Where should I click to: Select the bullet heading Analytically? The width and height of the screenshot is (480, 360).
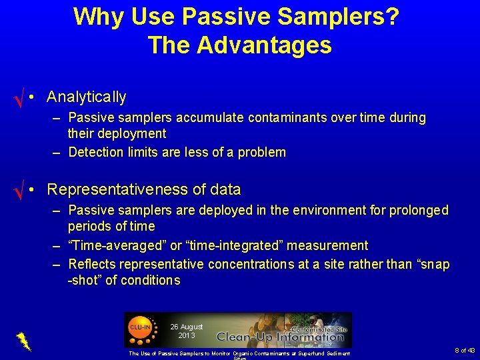tap(86, 97)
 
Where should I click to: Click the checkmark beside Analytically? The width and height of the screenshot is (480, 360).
tap(19, 100)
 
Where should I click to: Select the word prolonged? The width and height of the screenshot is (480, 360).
tap(419, 211)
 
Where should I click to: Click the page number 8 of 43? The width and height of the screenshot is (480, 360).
tap(464, 351)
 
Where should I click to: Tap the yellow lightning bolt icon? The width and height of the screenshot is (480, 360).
tap(23, 341)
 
